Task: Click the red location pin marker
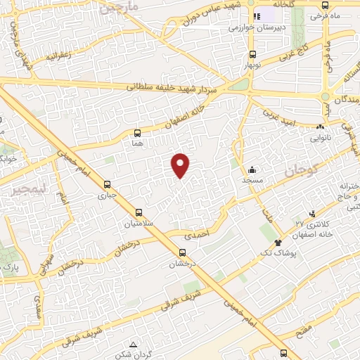pyautogui.click(x=181, y=165)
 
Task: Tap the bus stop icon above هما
pyautogui.click(x=137, y=131)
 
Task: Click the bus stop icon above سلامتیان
pyautogui.click(x=138, y=212)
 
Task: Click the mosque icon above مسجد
pyautogui.click(x=252, y=169)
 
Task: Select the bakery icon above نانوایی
pyautogui.click(x=320, y=127)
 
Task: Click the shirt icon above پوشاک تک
pyautogui.click(x=268, y=242)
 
